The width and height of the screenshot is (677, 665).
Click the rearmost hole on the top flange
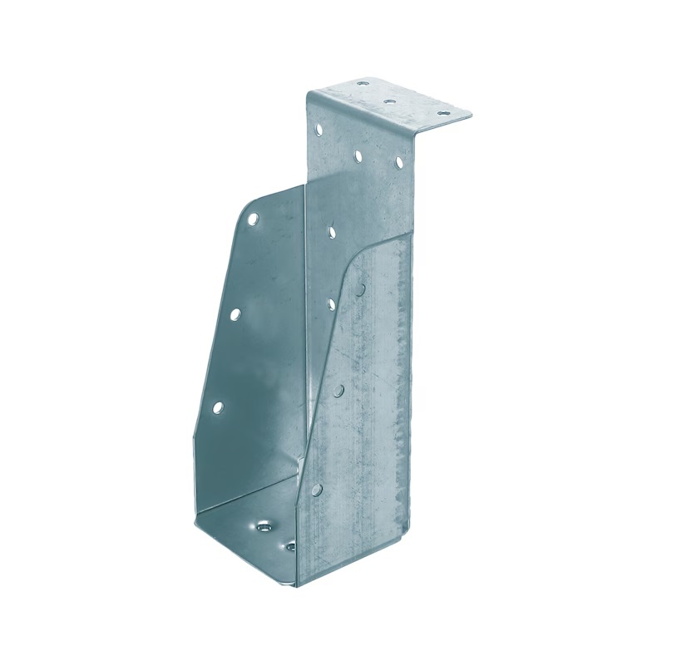coord(362,83)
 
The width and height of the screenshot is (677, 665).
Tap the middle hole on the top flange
coord(390,101)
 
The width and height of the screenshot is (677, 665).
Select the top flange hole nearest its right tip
coord(442,114)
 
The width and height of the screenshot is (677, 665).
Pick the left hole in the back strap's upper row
coord(318,129)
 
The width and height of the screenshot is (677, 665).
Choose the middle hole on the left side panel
coord(235,314)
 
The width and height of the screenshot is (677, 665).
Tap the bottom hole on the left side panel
coord(218,407)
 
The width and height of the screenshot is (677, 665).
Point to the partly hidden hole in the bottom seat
coord(290,547)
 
